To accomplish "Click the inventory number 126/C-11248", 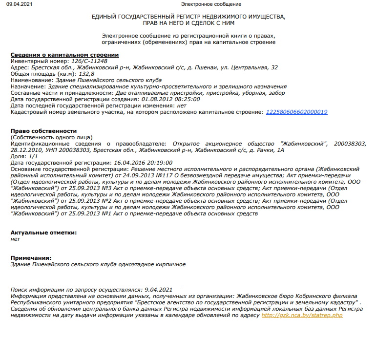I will click(89, 61).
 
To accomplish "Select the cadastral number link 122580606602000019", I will click(296, 112).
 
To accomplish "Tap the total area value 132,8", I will click(73, 73).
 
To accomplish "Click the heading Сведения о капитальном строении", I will click(64, 54).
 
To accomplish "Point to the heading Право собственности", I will click(44, 131).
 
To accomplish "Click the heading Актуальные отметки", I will click(43, 233).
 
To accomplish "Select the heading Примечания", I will click(31, 258).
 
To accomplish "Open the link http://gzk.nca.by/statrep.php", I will click(302, 316).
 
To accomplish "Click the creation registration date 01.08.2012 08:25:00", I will click(170, 99).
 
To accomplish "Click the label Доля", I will click(18, 156).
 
